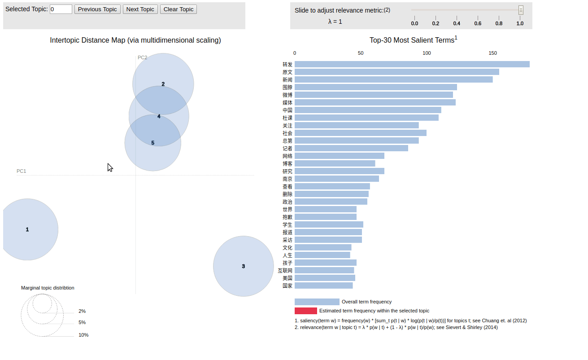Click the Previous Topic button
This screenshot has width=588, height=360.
click(x=97, y=9)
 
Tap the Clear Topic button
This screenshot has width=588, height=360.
click(x=178, y=9)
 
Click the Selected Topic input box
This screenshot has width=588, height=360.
click(x=61, y=9)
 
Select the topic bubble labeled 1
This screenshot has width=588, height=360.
click(x=27, y=229)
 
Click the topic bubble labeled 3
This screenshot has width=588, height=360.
click(x=244, y=266)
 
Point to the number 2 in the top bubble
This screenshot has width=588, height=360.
click(x=163, y=84)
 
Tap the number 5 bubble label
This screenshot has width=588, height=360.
click(x=152, y=143)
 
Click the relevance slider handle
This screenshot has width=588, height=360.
click(x=521, y=10)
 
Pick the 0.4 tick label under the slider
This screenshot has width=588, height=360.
click(x=457, y=23)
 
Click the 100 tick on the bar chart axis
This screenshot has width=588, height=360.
click(x=427, y=53)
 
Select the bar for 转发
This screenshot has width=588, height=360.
click(x=412, y=64)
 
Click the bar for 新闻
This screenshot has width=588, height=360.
click(x=393, y=79)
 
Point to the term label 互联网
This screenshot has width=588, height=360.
click(x=285, y=271)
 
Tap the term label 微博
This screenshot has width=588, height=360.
click(x=287, y=95)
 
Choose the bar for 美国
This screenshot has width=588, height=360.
click(x=325, y=278)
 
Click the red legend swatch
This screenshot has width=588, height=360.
click(x=305, y=311)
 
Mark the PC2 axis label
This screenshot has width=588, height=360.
click(x=142, y=57)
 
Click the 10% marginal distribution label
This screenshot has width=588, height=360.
click(x=83, y=335)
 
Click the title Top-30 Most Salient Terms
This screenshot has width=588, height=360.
click(x=412, y=40)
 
